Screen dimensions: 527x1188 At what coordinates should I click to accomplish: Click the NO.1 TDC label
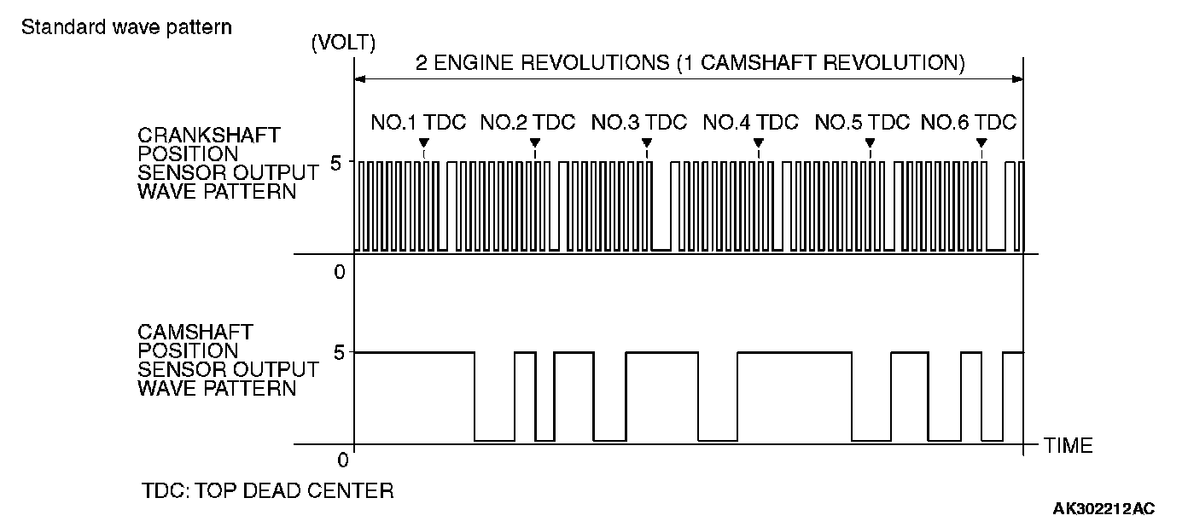[x=418, y=122]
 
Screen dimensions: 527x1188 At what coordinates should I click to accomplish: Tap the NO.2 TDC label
[x=527, y=122]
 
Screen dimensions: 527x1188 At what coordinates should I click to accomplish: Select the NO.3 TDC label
[x=638, y=122]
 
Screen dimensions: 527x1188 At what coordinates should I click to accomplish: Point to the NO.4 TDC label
[x=750, y=122]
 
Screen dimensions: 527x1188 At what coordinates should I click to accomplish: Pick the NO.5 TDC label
[x=862, y=122]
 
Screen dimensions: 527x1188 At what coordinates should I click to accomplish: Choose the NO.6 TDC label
[x=969, y=122]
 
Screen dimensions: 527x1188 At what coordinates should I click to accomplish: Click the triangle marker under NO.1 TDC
[x=424, y=142]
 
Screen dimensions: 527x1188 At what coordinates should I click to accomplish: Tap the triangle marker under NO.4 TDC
[x=758, y=142]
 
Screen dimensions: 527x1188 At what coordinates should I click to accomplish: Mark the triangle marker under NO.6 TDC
[x=981, y=142]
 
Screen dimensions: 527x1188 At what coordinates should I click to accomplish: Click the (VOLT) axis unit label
[x=344, y=42]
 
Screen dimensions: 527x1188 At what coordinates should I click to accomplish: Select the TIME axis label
[x=1068, y=445]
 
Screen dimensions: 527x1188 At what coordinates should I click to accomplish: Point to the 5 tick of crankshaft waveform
[x=335, y=162]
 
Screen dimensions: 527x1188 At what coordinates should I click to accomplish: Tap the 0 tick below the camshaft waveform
[x=342, y=460]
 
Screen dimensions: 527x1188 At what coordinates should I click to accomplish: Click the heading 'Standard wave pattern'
[x=126, y=26]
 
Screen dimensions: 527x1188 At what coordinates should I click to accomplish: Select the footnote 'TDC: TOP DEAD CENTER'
[x=267, y=491]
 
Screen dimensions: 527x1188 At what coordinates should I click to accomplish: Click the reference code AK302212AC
[x=1104, y=509]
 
